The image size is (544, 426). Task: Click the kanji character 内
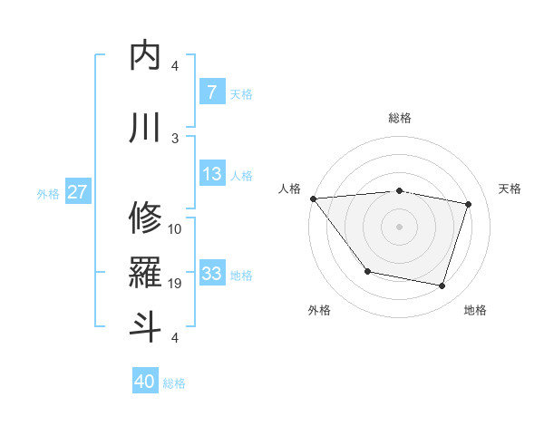point(146,55)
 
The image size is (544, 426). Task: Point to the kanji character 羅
point(146,271)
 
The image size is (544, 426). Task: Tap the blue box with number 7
point(211,92)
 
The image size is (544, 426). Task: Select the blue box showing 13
point(211,174)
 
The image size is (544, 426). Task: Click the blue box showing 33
point(211,274)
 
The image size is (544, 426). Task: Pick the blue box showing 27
point(78,192)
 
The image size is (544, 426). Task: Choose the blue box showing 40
point(145,382)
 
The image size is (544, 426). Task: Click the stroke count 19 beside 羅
point(175,284)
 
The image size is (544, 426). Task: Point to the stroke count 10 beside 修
point(175,228)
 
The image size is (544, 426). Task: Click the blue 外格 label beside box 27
point(48,193)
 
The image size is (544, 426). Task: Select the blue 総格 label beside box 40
point(175,383)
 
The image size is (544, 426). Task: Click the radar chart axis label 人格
point(290,189)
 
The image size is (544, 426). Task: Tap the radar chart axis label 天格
point(510,189)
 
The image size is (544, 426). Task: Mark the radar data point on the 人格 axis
point(313,198)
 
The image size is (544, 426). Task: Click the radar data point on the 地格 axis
point(442,286)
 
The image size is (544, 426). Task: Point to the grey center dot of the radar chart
point(399,226)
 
